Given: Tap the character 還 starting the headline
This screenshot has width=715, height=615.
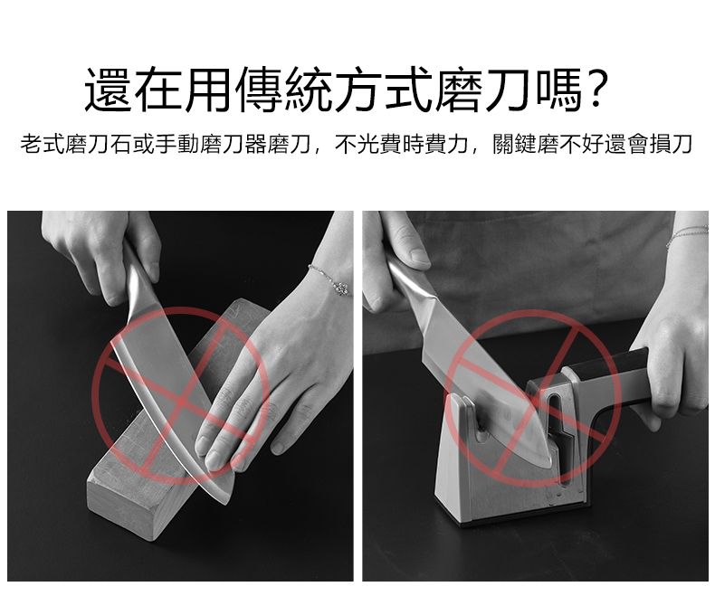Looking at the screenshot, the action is tap(108, 90).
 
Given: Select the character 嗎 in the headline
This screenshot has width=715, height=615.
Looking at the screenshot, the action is tap(559, 90).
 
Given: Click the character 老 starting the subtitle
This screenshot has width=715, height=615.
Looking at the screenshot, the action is tap(31, 144).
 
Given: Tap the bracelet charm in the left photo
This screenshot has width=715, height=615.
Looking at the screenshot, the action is tap(340, 288).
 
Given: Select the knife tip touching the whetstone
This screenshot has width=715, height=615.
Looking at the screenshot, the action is tap(224, 502).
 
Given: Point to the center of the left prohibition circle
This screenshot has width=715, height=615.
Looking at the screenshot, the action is tap(181, 401).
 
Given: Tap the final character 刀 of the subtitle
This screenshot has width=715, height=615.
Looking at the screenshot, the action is tap(682, 144).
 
